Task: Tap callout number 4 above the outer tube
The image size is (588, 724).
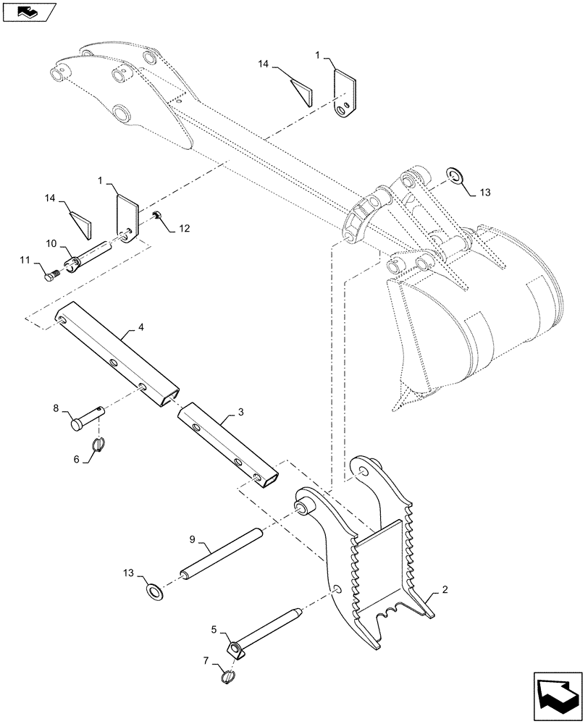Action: pyautogui.click(x=140, y=328)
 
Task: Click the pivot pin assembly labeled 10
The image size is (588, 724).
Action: pyautogui.click(x=87, y=256)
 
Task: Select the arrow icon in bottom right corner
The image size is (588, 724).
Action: pyautogui.click(x=555, y=694)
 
